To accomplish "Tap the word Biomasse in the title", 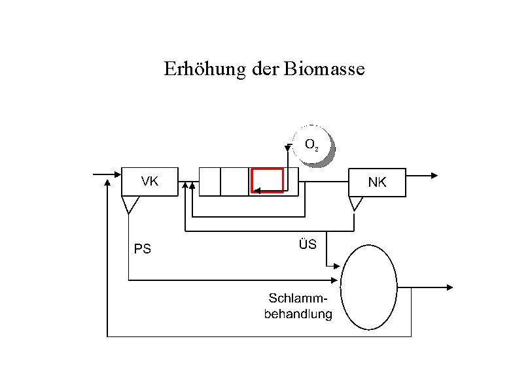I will (325, 69).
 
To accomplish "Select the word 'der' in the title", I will (264, 69).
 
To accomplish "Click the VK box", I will (149, 182).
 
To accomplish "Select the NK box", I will (378, 182).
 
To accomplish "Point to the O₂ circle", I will (313, 146).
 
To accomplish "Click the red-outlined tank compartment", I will (268, 180).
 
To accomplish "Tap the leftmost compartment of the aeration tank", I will (209, 182).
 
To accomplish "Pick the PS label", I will (142, 248).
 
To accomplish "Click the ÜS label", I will (308, 244).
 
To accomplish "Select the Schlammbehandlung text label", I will (298, 306).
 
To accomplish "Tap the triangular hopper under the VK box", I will (130, 204).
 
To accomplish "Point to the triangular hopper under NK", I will (356, 204).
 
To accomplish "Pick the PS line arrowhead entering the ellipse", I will (337, 281).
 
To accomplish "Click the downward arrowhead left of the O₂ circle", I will (288, 148).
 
